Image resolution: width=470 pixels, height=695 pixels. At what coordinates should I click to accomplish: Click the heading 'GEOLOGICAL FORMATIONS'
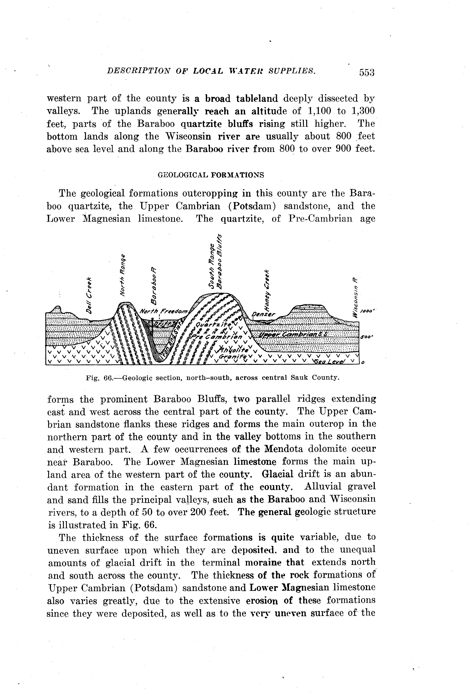211,175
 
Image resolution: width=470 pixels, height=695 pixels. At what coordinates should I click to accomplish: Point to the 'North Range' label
122,275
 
